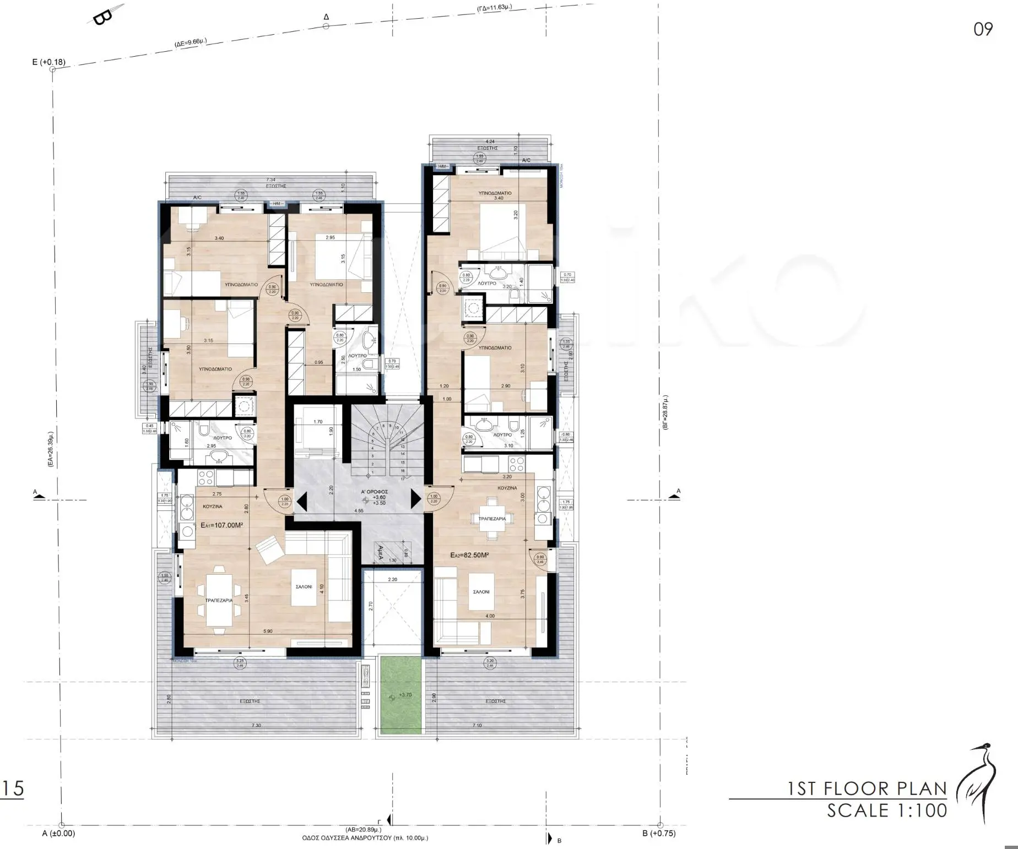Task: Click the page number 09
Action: pos(983,29)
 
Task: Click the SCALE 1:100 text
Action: pos(887,810)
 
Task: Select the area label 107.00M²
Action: pos(222,525)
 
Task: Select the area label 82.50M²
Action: pos(469,556)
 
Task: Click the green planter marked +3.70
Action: pos(400,695)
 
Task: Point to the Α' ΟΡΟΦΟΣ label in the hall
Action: pos(375,492)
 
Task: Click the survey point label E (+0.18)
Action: pos(48,62)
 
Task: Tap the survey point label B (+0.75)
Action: pos(658,833)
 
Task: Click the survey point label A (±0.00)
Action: pos(58,833)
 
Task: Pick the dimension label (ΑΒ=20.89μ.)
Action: pos(363,830)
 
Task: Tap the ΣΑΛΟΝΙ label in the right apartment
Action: pos(481,592)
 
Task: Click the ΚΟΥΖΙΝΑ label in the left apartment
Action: pos(213,506)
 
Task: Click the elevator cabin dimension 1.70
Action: pos(318,422)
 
